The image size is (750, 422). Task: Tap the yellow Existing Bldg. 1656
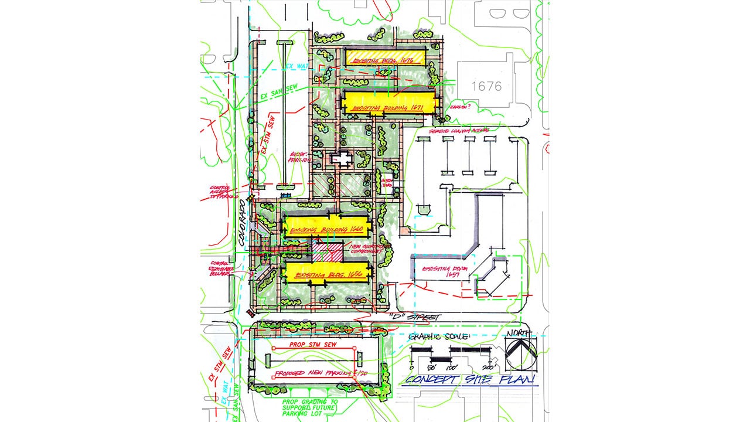[327, 273]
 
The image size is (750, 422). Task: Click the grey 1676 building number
[486, 86]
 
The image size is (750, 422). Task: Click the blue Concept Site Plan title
[469, 380]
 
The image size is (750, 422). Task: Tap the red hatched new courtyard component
[325, 253]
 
